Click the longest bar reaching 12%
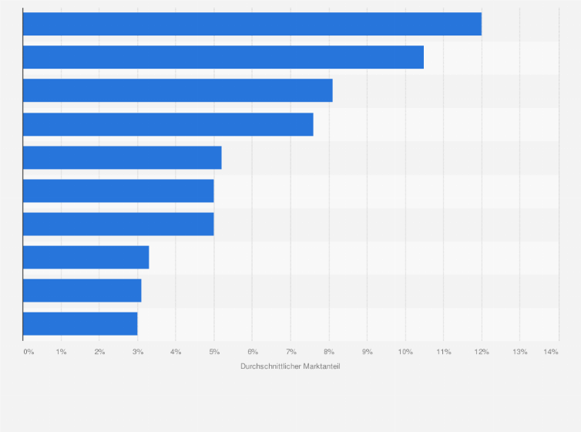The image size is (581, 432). (252, 24)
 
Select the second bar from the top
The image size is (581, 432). (223, 57)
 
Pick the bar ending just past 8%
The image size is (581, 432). (177, 90)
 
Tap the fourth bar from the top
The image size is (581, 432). (168, 124)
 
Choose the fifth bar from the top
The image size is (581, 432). (122, 157)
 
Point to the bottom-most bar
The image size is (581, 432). (80, 323)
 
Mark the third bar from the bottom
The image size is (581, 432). (86, 257)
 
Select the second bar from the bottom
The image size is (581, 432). (82, 290)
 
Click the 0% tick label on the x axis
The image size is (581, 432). (29, 352)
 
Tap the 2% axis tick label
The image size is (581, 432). (99, 352)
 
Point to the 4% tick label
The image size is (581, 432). (176, 352)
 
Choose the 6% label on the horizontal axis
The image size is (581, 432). (252, 352)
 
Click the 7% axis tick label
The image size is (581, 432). (290, 352)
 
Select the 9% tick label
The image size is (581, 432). (367, 352)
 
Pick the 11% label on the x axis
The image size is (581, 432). (443, 352)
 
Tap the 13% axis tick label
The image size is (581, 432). (519, 352)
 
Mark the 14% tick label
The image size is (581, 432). (550, 352)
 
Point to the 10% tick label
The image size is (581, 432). (405, 352)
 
